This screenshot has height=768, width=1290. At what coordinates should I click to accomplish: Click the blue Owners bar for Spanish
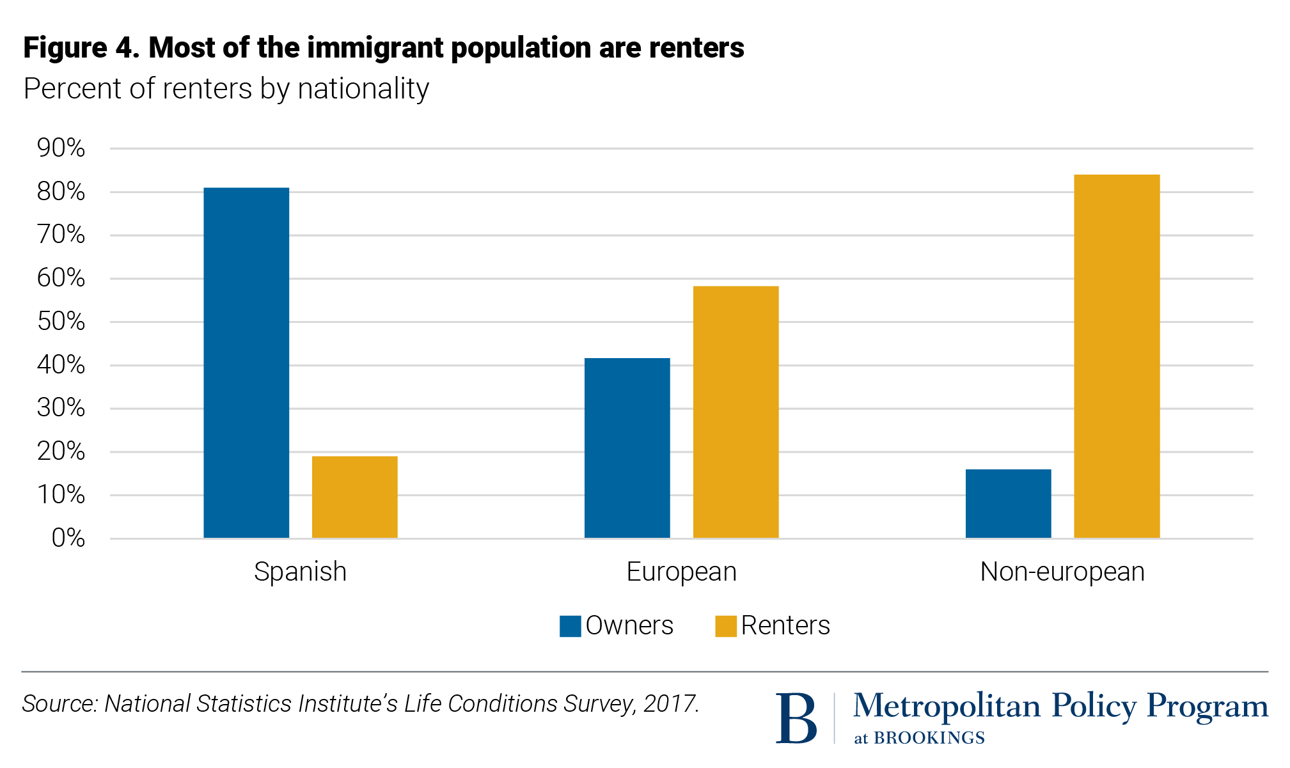coord(246,363)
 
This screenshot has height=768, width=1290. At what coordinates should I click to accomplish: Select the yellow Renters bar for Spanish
coord(354,497)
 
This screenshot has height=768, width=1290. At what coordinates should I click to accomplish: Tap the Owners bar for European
coord(627,448)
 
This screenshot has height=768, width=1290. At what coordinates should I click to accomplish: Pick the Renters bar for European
coord(735,412)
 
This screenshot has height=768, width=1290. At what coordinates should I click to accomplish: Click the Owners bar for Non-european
coord(1008,503)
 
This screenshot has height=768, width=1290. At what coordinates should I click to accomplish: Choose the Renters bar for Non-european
coord(1117,356)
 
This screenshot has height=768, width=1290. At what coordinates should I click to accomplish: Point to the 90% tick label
coord(61,148)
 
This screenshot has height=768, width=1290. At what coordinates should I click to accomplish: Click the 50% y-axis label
coord(61,322)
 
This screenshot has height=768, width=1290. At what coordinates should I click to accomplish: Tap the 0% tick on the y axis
coord(68,538)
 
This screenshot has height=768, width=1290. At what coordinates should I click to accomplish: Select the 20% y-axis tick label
coord(61,451)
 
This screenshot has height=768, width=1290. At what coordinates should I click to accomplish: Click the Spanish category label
coord(300,572)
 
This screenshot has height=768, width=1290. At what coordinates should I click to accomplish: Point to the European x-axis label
coord(681,572)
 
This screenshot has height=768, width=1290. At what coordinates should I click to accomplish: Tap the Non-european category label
coord(1062,572)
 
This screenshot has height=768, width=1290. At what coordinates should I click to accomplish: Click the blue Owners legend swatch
coord(570,626)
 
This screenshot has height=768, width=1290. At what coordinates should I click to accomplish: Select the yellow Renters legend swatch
coord(725,626)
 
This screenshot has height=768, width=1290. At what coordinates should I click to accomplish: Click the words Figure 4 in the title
coord(81,48)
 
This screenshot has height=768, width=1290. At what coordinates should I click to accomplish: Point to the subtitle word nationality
coord(363,89)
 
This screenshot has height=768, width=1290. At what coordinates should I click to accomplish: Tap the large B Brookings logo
coord(796,718)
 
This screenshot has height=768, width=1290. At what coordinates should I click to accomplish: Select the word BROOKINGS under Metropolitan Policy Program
coord(929,738)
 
